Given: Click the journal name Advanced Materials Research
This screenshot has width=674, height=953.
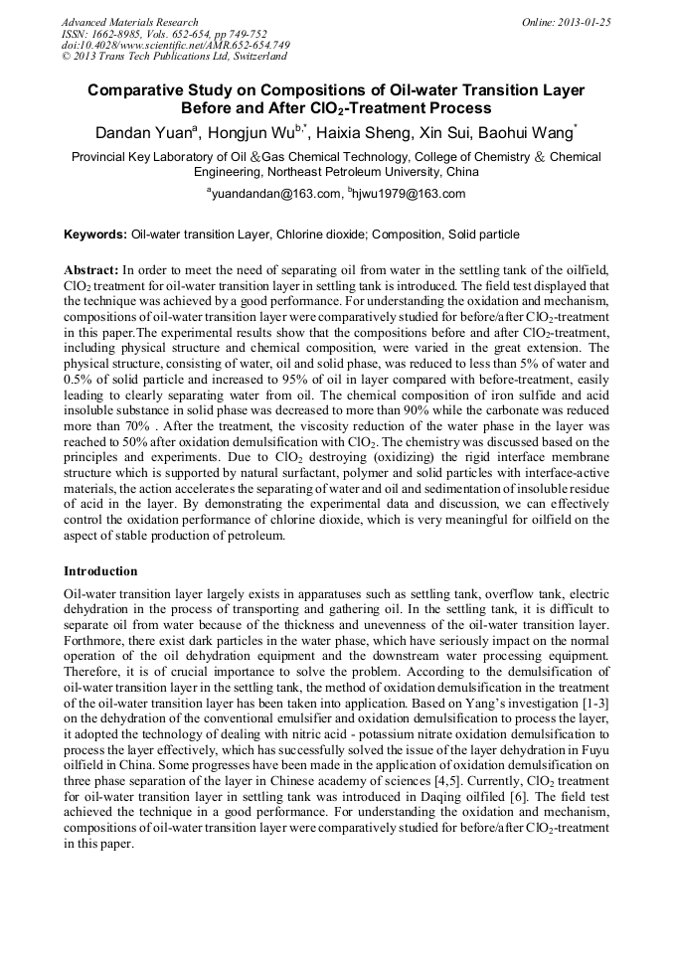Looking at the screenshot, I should pyautogui.click(x=129, y=22).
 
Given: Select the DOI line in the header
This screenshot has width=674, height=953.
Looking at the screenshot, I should pyautogui.click(x=175, y=46).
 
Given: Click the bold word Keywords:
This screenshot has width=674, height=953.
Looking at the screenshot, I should pyautogui.click(x=95, y=235).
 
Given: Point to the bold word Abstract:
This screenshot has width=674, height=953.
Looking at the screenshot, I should pyautogui.click(x=91, y=270).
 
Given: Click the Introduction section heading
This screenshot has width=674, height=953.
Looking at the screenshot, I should pyautogui.click(x=100, y=571).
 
